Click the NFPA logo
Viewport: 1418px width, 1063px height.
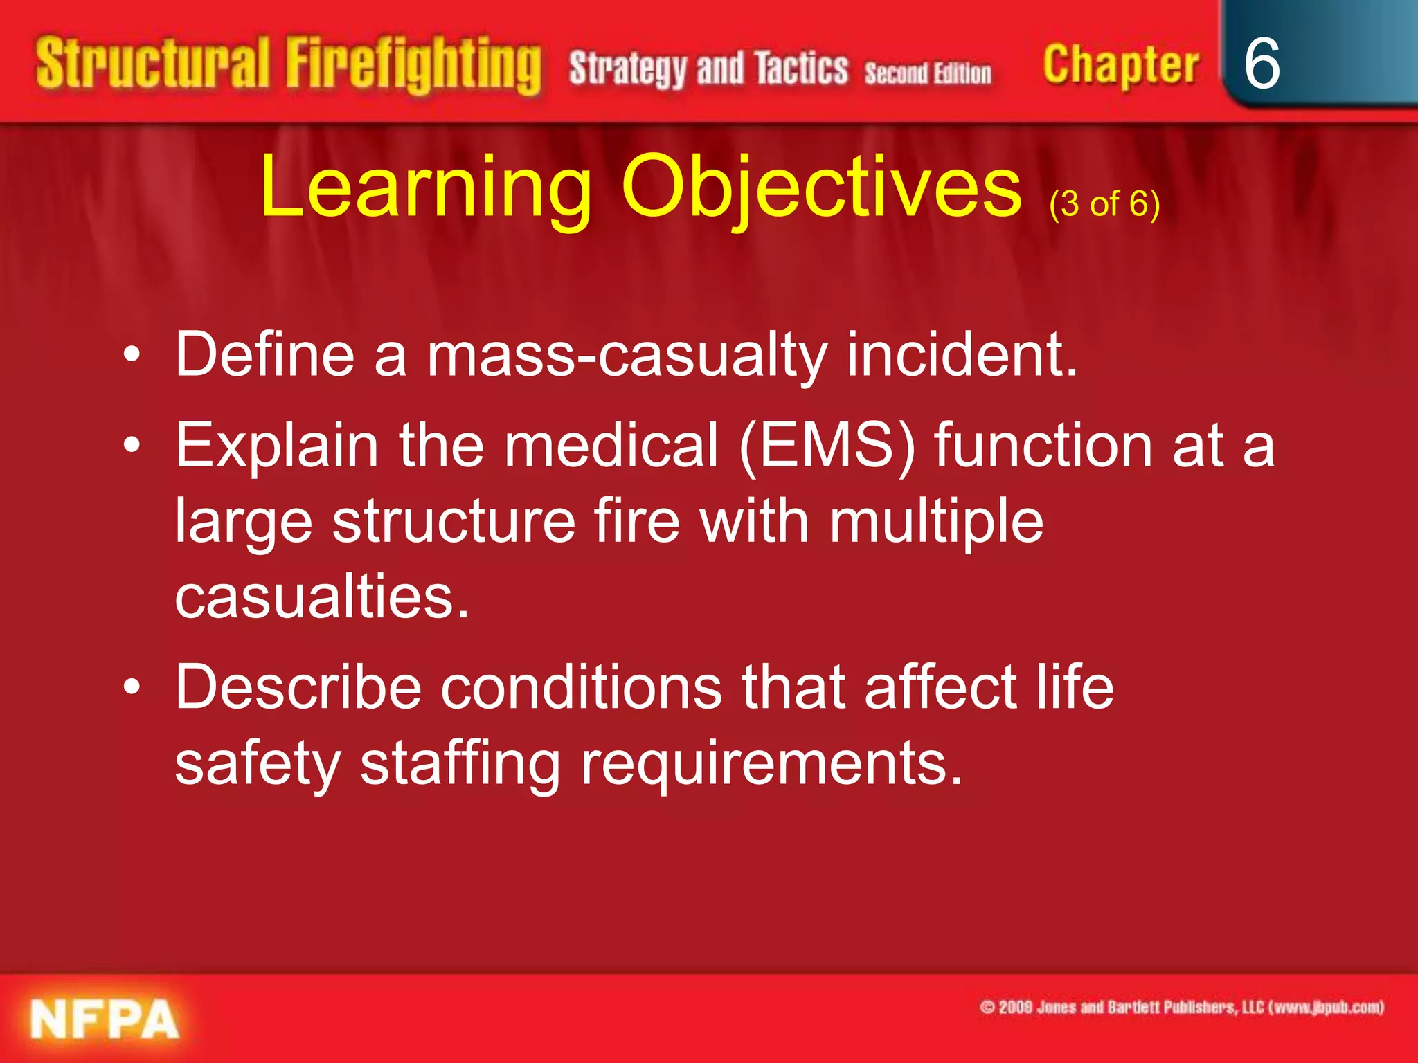pos(105,1019)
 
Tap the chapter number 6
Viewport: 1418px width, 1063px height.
pos(1262,64)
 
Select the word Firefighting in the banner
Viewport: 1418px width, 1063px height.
pos(413,66)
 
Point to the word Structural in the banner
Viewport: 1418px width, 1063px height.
pos(152,64)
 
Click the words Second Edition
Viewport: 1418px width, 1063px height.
pos(928,73)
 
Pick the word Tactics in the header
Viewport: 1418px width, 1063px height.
pos(801,69)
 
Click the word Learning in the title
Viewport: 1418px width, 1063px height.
pos(426,187)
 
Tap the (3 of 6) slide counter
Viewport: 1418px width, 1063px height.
pos(1104,204)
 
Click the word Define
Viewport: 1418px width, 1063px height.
pos(264,354)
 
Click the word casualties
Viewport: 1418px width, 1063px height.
pos(323,597)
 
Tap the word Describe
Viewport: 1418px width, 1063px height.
pos(298,687)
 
